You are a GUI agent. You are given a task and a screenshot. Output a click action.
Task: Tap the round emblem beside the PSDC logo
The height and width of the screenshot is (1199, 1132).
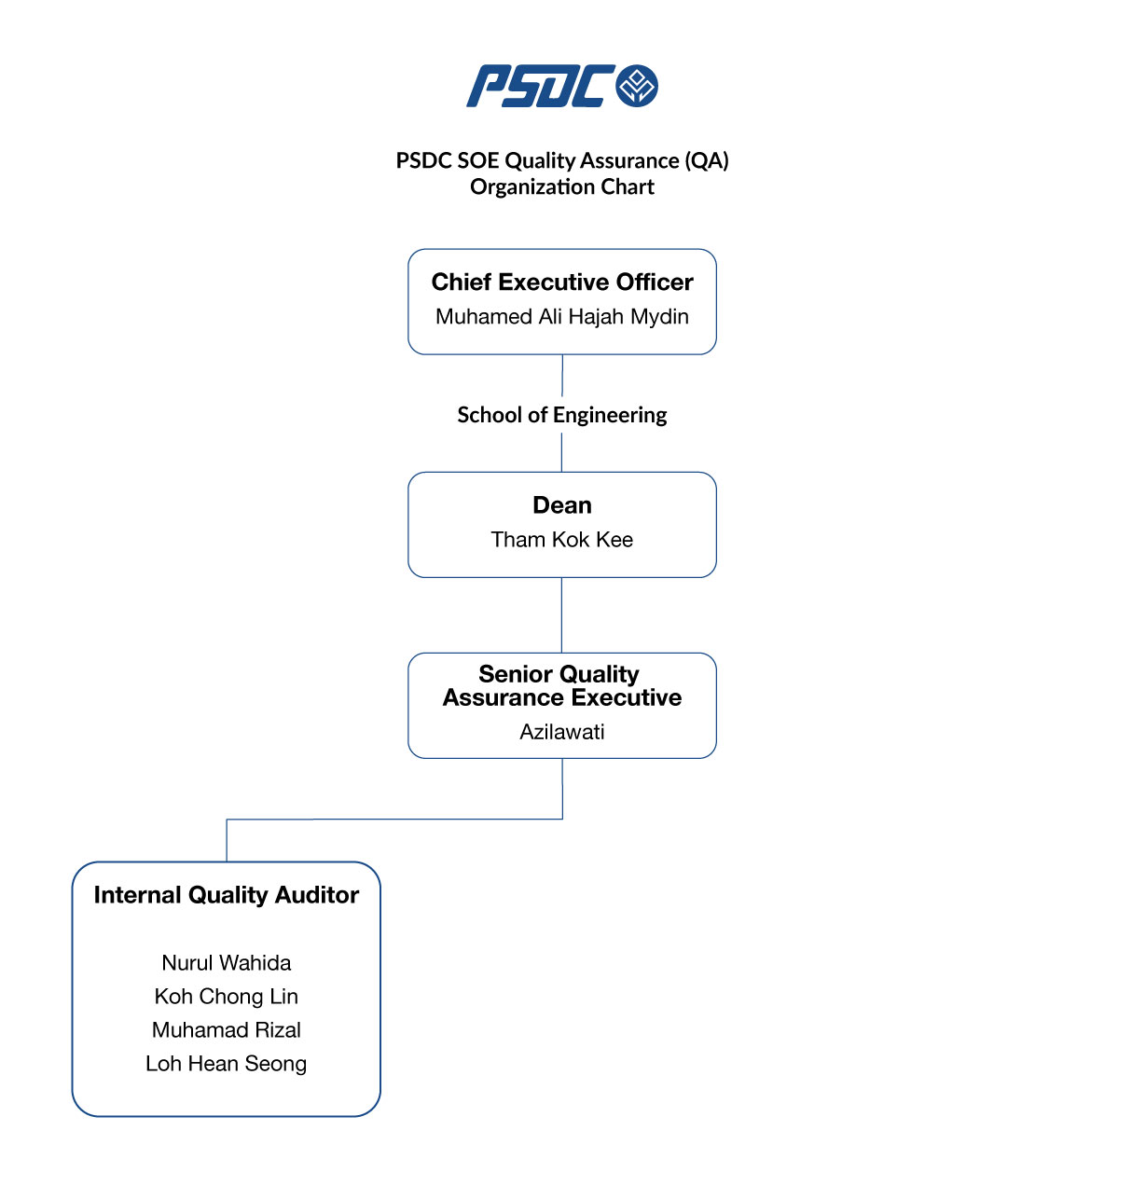coord(637,86)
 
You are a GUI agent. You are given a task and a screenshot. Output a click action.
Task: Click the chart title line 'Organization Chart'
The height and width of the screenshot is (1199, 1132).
coord(561,187)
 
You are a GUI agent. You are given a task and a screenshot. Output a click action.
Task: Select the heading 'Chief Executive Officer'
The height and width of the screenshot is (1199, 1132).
coord(561,282)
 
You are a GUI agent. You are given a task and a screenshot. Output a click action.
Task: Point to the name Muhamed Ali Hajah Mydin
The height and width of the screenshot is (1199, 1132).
coord(561,316)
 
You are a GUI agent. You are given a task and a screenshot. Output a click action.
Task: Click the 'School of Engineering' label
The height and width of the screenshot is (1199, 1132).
coord(561,415)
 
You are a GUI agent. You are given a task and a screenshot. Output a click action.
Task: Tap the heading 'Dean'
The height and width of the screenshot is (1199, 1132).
coord(561,504)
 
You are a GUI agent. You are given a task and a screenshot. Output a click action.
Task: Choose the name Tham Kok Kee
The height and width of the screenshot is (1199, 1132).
coord(561,539)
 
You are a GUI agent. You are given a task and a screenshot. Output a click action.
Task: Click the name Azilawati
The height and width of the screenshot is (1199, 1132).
coord(561,732)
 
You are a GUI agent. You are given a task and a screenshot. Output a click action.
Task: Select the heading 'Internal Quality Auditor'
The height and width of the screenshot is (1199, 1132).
coord(226,895)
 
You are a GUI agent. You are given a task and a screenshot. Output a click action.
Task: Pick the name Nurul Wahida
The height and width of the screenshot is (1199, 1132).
coord(226,962)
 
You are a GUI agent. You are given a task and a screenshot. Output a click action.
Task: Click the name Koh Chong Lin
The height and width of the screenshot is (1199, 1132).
coord(226,996)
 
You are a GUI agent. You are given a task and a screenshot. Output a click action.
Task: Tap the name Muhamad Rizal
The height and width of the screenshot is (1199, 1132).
coord(226,1029)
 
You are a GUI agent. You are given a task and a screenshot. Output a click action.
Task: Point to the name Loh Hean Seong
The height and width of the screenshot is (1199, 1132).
coord(226,1063)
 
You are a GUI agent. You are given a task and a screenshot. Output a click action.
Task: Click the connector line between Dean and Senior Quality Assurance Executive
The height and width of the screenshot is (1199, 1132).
coord(561,614)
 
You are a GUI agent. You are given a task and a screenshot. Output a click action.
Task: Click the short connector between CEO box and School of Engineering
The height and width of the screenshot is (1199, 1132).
coord(561,375)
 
